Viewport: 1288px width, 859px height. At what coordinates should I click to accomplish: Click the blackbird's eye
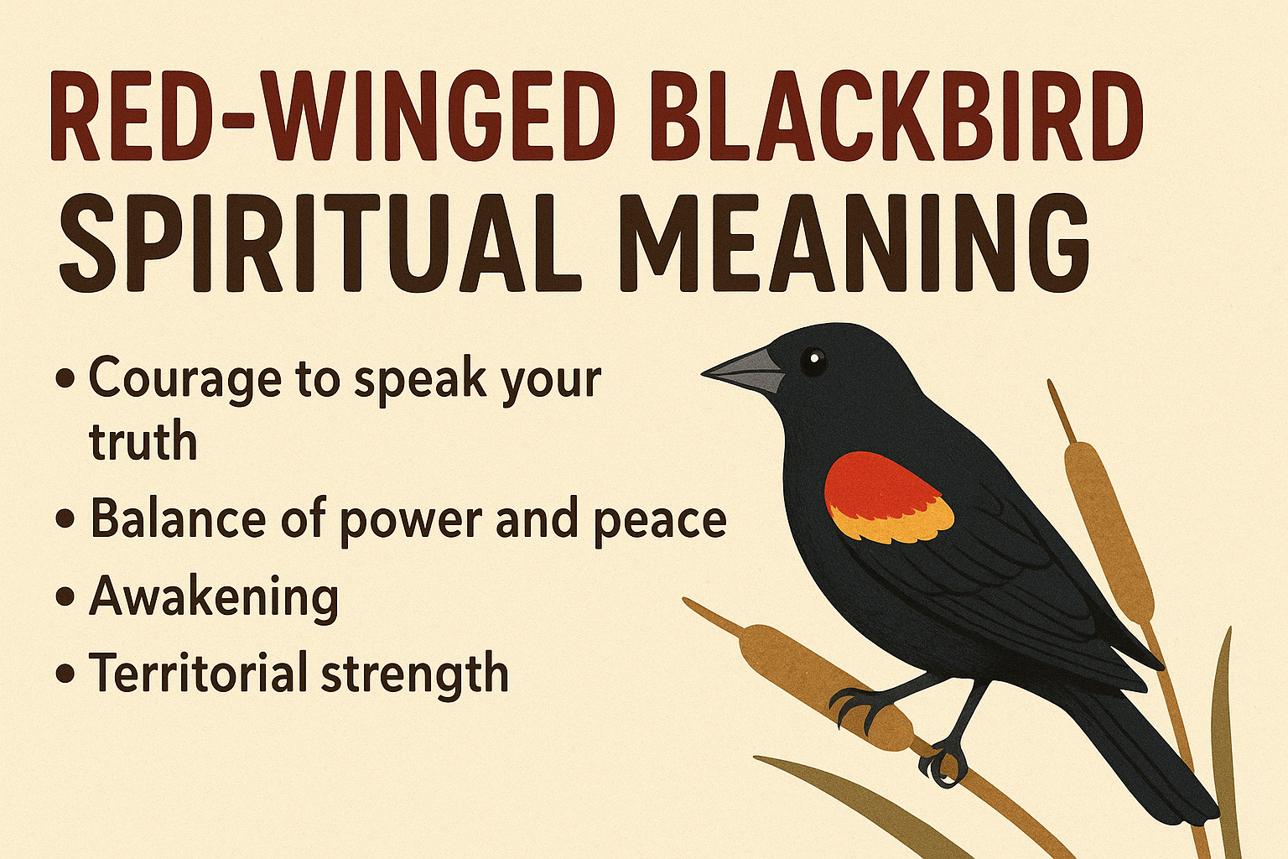coord(813,361)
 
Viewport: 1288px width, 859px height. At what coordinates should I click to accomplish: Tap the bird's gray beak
coord(746,371)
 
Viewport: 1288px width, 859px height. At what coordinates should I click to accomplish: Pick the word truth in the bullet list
coord(143,441)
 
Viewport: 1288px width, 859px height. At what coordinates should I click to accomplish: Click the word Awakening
coord(214,597)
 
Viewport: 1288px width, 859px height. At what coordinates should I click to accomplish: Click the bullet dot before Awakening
coord(65,598)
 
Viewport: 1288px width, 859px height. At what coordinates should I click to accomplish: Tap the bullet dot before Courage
coord(65,379)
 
